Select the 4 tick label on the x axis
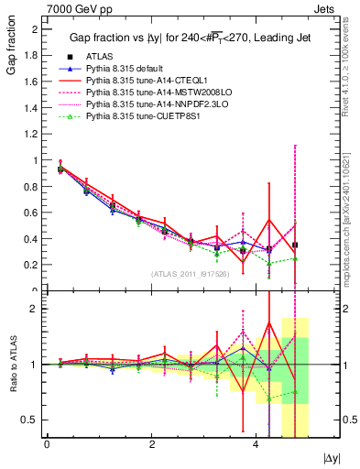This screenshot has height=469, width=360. (x=255, y=444)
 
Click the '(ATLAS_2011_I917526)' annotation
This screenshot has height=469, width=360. (x=191, y=274)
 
